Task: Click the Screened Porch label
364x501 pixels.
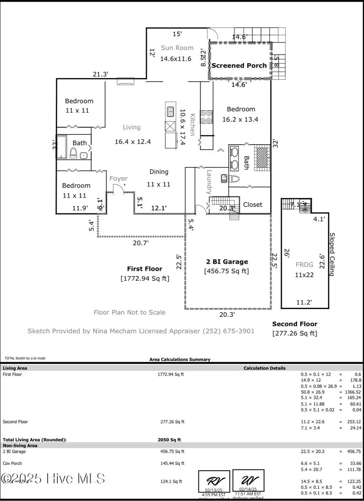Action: tap(239, 66)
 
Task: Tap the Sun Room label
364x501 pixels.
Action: tap(177, 48)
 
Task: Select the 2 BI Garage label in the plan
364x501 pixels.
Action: tap(226, 262)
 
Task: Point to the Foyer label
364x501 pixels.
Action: tap(119, 179)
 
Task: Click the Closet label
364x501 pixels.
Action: tap(252, 205)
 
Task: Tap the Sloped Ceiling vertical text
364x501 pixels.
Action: tap(332, 254)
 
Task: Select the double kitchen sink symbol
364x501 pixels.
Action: tap(170, 111)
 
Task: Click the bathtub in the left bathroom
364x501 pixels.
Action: tap(62, 147)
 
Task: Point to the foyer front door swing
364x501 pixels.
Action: tap(118, 187)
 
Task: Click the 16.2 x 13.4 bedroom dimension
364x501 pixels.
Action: tap(240, 119)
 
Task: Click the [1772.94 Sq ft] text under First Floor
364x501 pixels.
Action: tap(145, 278)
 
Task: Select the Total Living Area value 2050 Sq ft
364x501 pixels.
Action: tap(169, 439)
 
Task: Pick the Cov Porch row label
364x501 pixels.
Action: tap(13, 463)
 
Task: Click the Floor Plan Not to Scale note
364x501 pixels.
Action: tap(129, 312)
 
